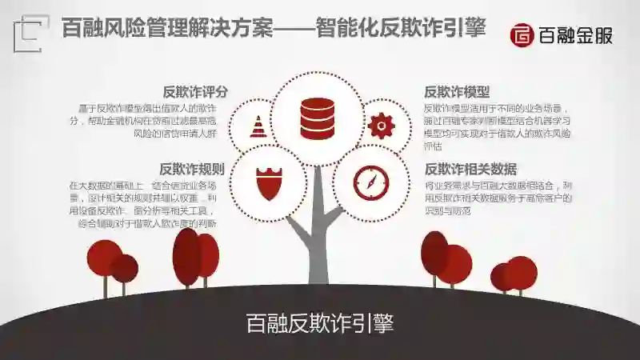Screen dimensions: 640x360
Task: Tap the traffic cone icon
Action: pos(258,126)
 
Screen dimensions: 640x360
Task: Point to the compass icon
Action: pos(370,182)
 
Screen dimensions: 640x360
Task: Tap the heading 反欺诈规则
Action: pos(192,169)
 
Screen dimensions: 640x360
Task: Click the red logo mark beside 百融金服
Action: pos(522,35)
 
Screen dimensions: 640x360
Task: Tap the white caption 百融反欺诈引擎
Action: pos(320,324)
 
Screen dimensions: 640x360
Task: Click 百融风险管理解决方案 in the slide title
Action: pos(153,30)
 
